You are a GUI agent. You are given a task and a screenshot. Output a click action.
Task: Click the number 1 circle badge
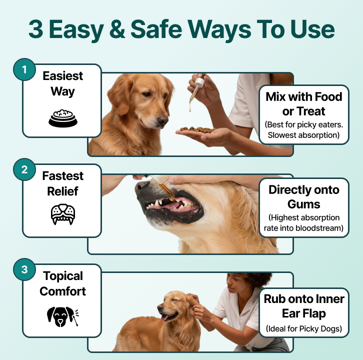point(24,69)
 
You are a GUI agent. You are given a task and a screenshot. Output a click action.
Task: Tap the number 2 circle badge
point(24,169)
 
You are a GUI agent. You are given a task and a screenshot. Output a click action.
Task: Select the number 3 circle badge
point(24,269)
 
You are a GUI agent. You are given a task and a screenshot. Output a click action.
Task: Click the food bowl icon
point(62,118)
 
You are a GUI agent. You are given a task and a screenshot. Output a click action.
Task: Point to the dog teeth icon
point(62,214)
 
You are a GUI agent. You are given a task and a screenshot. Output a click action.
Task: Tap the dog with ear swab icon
point(62,316)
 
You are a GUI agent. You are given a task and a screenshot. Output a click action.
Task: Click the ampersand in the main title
point(117,29)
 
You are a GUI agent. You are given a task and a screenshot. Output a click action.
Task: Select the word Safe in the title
point(156,29)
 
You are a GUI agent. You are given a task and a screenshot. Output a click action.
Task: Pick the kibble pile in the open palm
point(197,129)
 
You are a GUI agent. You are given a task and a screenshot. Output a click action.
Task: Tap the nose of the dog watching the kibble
point(162,119)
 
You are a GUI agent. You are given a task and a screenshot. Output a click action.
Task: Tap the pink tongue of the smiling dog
point(164,317)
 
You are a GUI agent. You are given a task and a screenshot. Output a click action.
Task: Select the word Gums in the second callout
point(303,204)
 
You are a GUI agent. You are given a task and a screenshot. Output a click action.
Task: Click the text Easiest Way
point(62,83)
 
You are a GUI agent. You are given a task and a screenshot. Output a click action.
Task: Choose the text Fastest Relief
point(62,183)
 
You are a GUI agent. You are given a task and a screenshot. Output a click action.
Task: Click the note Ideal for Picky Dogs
point(303,328)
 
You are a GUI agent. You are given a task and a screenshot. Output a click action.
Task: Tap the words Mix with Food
point(303,96)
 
